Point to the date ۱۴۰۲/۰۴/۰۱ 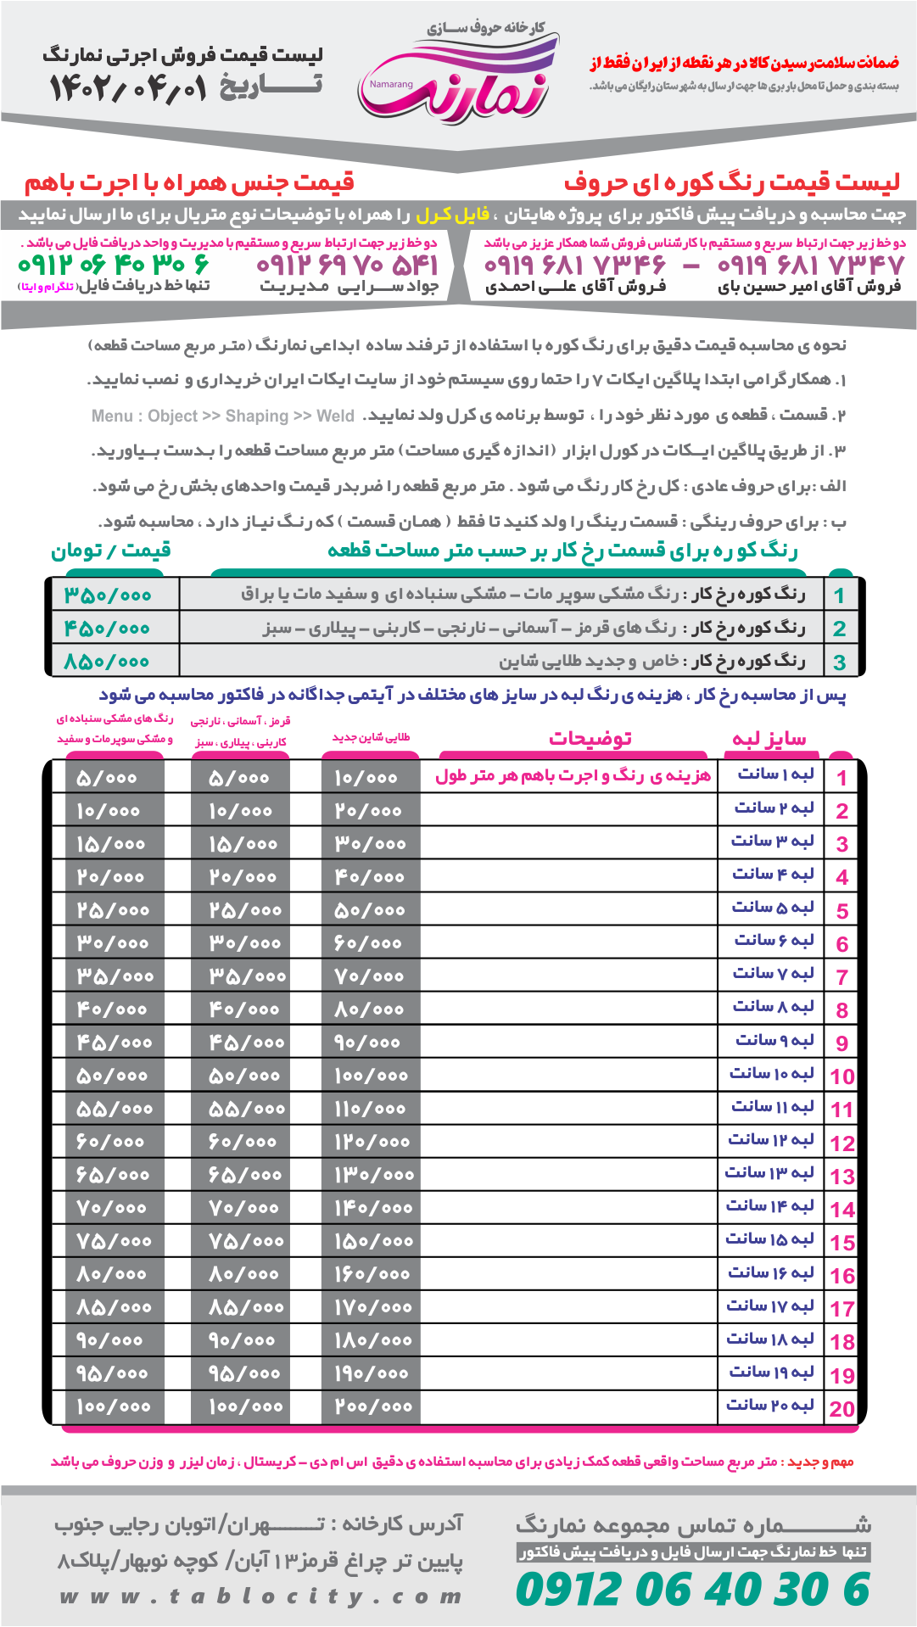(127, 88)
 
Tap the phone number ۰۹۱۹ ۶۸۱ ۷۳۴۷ (811, 266)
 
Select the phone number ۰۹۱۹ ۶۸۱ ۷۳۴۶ (575, 266)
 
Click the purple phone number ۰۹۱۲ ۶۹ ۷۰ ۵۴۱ (348, 266)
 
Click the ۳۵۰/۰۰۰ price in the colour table (108, 595)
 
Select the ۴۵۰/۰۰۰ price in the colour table (108, 629)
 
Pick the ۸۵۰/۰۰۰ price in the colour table (108, 662)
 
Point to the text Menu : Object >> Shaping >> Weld (223, 416)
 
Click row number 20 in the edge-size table (842, 1409)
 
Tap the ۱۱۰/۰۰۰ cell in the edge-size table (371, 1109)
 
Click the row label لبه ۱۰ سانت (771, 1074)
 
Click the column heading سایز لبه (769, 739)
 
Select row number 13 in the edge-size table (842, 1177)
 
